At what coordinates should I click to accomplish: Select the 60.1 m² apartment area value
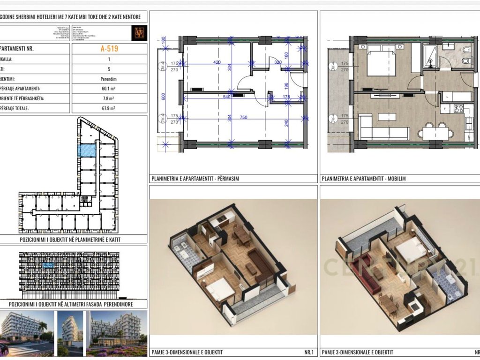point(109,89)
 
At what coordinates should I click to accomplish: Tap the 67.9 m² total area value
point(109,108)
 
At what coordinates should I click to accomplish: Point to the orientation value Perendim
point(109,79)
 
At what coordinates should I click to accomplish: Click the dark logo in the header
point(140,32)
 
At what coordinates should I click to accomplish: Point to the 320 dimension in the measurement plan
point(278,61)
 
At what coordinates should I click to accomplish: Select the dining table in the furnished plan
point(435,133)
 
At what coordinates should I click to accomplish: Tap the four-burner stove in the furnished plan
point(457,109)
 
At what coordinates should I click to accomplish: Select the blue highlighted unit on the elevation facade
point(48,265)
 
